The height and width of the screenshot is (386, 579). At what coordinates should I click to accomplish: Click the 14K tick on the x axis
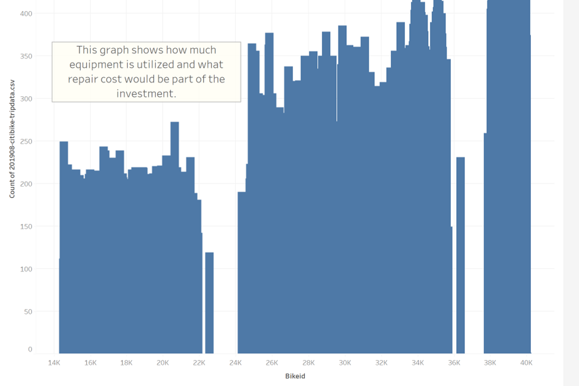click(x=54, y=362)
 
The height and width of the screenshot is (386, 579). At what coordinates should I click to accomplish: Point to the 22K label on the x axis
click(x=199, y=362)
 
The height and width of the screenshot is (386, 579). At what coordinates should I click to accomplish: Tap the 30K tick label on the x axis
click(x=345, y=362)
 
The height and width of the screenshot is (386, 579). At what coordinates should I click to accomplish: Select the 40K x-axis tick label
click(x=526, y=362)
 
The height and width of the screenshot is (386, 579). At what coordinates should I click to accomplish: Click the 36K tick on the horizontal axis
click(x=454, y=362)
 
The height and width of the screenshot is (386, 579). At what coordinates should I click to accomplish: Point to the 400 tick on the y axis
click(x=26, y=13)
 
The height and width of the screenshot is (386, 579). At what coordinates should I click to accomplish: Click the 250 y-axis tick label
click(x=26, y=141)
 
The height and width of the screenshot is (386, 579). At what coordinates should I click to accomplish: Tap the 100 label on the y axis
click(x=26, y=269)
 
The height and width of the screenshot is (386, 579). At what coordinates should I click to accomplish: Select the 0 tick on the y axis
click(x=30, y=350)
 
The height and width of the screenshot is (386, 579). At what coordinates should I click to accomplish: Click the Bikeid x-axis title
click(x=295, y=376)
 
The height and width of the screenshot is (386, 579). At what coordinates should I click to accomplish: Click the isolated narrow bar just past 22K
click(x=209, y=303)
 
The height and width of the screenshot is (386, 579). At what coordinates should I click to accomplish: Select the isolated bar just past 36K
click(x=460, y=255)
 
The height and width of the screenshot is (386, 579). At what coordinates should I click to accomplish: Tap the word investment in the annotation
click(x=146, y=93)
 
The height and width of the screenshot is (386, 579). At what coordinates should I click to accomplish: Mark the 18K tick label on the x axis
click(x=126, y=362)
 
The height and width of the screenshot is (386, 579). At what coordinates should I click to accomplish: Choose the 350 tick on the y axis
click(x=26, y=56)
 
